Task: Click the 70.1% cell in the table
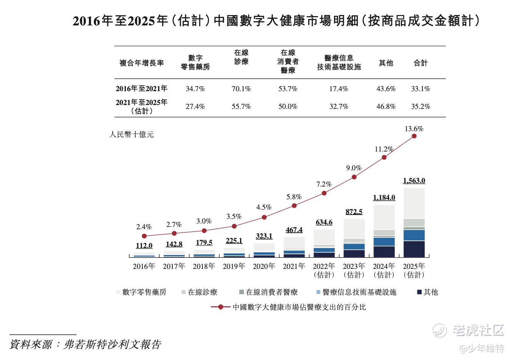point(241,89)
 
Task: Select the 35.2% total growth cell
point(421,107)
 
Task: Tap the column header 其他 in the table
point(386,63)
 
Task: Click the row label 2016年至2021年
point(142,89)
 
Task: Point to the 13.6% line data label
point(414,129)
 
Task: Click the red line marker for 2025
point(414,136)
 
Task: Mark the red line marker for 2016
point(144,236)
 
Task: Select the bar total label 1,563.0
point(414,181)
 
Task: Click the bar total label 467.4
point(294,230)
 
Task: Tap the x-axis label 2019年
point(234,266)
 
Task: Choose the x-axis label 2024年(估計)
point(384,270)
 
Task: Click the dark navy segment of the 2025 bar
point(414,249)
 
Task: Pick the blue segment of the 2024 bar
point(384,242)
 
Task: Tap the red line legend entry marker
point(221,307)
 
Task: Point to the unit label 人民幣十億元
point(132,135)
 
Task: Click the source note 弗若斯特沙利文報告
point(112,344)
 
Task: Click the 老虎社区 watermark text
point(478,330)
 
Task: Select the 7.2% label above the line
point(324,184)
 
